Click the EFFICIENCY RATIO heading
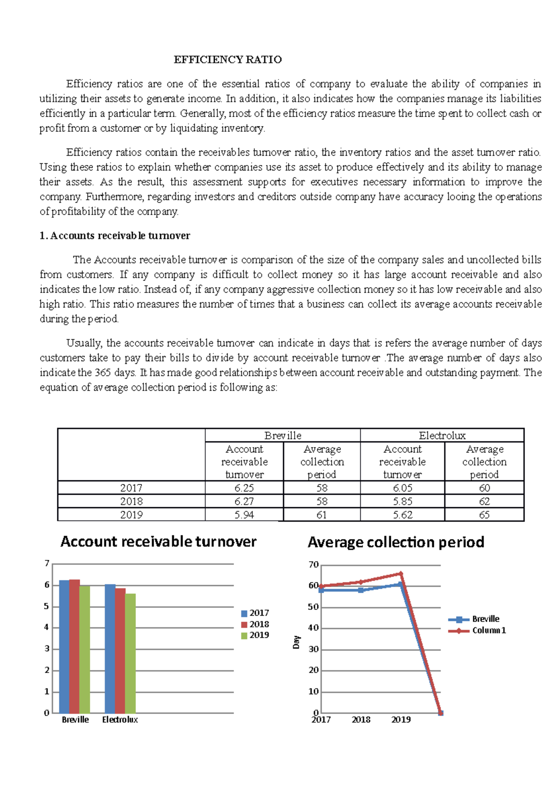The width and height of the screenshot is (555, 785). [x=228, y=60]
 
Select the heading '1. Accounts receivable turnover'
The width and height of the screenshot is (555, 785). [x=115, y=236]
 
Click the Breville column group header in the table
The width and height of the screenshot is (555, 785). [x=283, y=435]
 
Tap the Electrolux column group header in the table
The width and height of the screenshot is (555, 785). [x=442, y=435]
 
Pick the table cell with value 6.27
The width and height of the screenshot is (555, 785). [x=244, y=501]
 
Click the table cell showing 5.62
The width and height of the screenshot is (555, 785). [x=402, y=515]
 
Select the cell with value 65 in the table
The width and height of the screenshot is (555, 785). [x=484, y=515]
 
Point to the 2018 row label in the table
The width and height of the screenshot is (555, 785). [x=131, y=501]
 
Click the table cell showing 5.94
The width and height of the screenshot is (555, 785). [x=244, y=515]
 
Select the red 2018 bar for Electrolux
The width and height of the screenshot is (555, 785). [x=120, y=650]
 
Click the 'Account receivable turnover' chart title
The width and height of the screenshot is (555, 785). [x=158, y=541]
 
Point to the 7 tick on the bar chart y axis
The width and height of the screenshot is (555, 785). [x=47, y=563]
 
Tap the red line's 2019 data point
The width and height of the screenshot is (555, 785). [x=401, y=574]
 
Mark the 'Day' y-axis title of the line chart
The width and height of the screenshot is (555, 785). [x=296, y=642]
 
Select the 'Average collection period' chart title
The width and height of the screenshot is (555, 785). [x=396, y=542]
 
